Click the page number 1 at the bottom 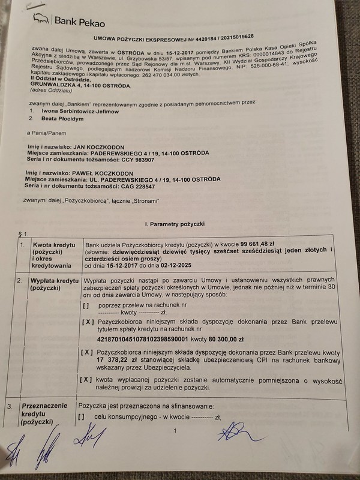pyautogui.click(x=174, y=430)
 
